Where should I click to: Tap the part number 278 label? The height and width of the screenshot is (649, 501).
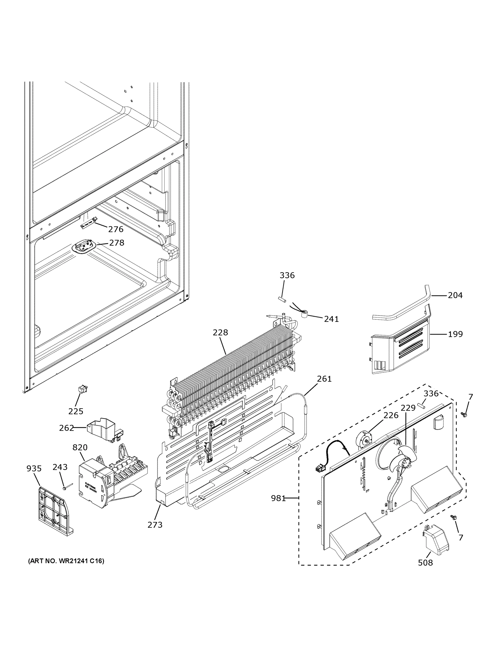point(117,243)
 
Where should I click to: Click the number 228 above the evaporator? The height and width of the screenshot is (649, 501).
point(220,332)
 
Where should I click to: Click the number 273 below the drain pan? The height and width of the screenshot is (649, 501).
point(155,525)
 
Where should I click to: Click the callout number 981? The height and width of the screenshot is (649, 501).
point(278,498)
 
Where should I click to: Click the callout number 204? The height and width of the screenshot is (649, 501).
point(455,295)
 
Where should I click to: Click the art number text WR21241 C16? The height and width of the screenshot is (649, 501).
point(66,561)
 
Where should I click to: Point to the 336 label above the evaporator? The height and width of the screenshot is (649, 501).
point(287,275)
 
